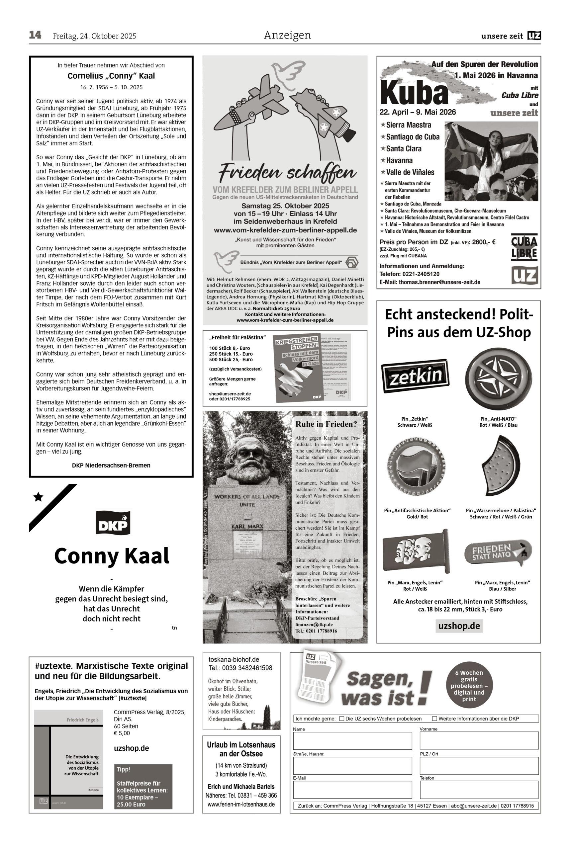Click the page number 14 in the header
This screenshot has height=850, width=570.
tap(35, 35)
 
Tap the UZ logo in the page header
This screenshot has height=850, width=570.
tap(534, 36)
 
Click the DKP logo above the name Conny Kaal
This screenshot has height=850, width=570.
tap(113, 523)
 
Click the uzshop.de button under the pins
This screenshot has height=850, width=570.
tap(459, 626)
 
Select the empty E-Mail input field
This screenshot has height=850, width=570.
tap(352, 790)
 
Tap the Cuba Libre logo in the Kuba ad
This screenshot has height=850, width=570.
tap(524, 247)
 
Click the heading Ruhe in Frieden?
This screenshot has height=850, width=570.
tap(326, 424)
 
